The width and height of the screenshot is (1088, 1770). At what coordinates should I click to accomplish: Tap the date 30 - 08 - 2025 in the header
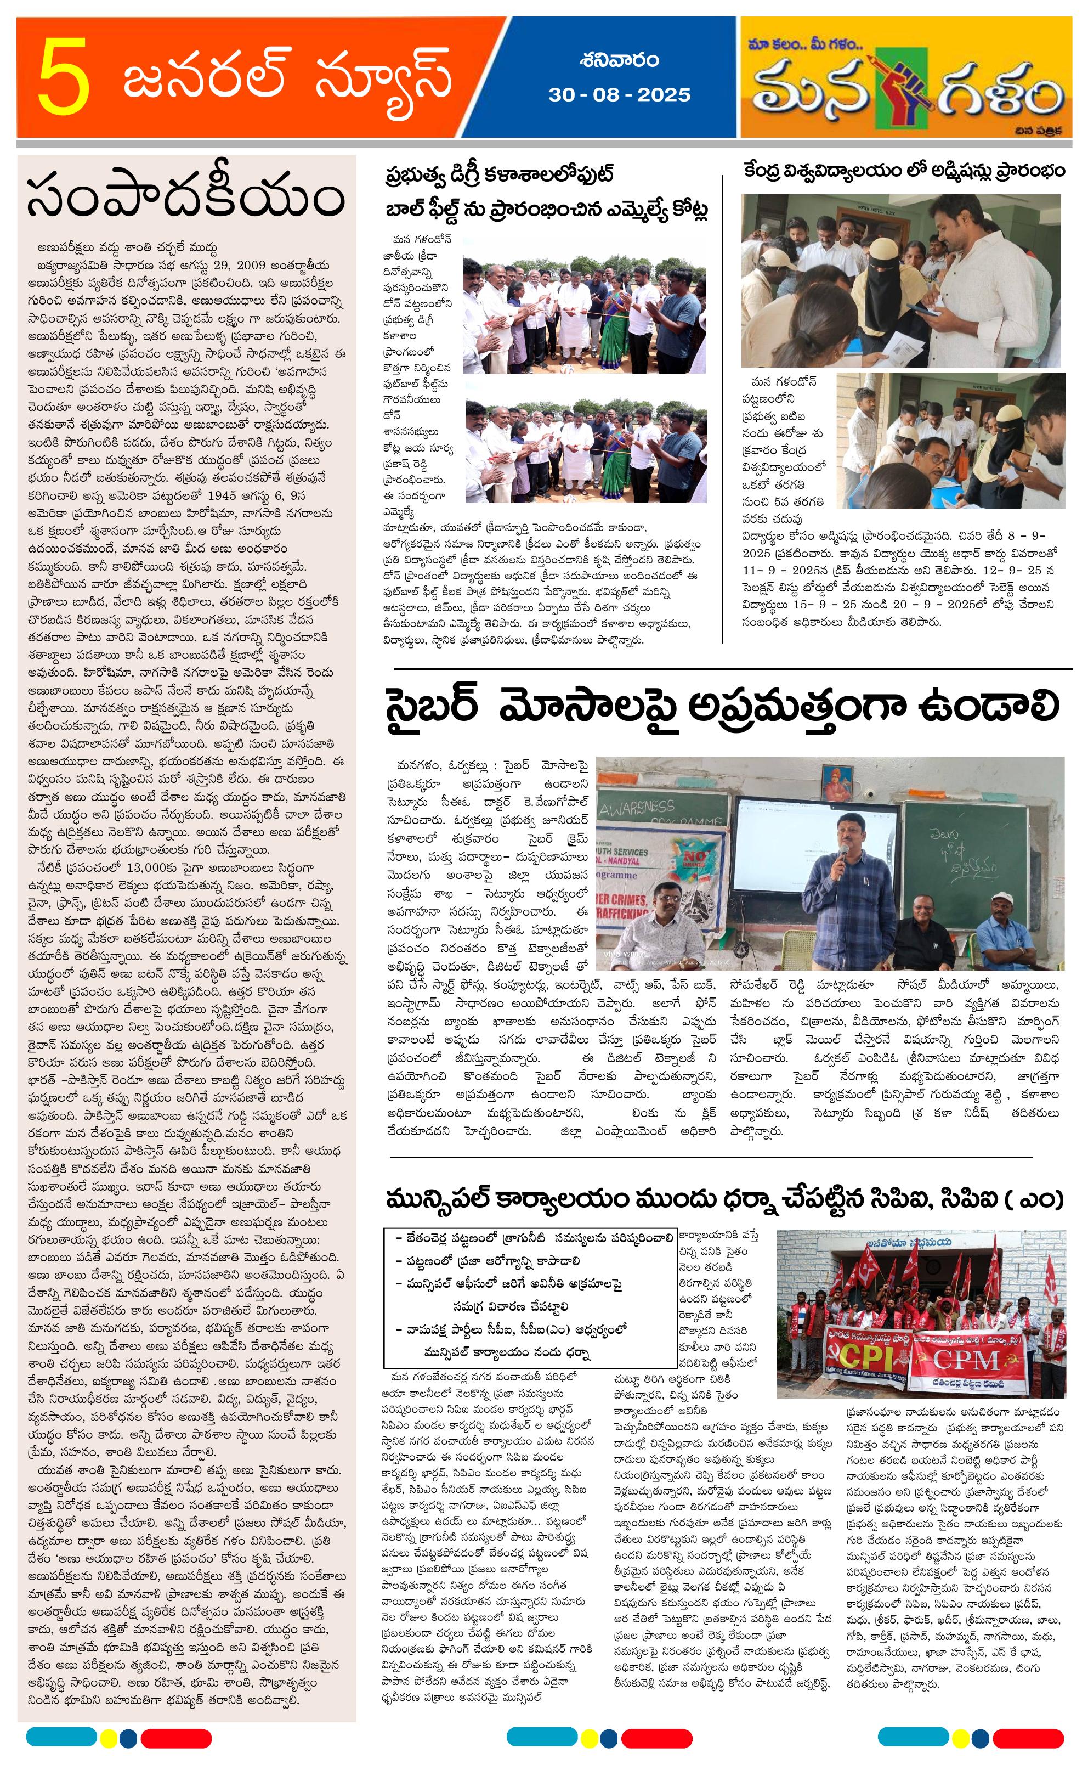click(x=619, y=95)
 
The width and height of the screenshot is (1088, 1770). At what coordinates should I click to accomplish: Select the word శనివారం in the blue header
click(x=619, y=60)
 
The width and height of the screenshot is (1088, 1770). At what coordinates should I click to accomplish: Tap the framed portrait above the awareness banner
click(x=836, y=783)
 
